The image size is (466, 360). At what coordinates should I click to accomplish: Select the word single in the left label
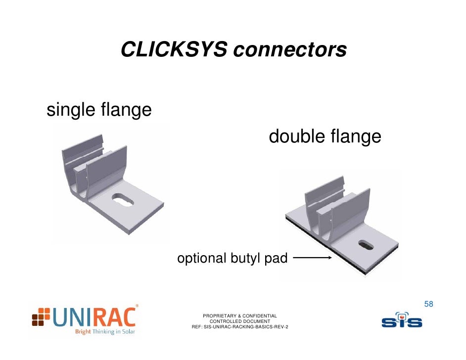(71, 110)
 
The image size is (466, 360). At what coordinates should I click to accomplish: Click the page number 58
(429, 304)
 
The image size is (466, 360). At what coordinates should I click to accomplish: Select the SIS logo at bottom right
(401, 320)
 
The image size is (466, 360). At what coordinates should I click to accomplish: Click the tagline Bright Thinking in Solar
(104, 332)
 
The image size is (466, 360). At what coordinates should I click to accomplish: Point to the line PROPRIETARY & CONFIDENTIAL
(240, 315)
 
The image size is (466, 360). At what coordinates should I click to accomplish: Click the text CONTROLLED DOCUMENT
(240, 321)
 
